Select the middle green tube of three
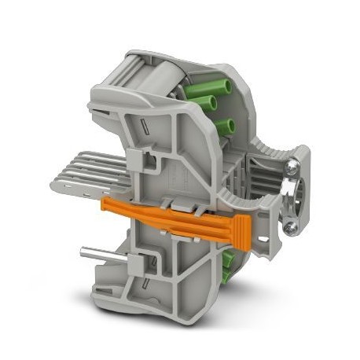[213, 104]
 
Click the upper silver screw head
[292, 167]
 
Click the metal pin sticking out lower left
[97, 253]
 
